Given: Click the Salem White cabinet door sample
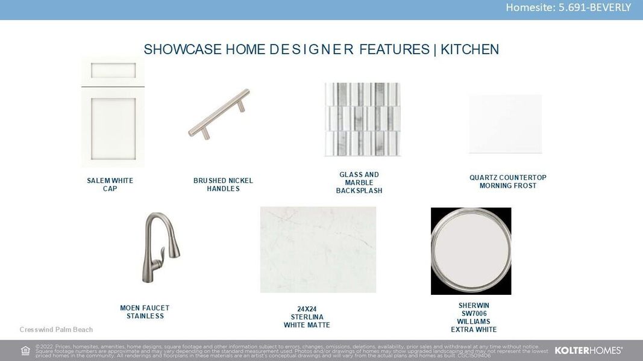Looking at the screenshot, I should click(x=113, y=113).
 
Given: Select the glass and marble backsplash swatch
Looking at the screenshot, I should click(x=362, y=119).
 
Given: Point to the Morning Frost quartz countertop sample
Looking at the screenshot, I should click(x=505, y=124).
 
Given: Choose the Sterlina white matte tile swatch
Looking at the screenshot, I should click(x=318, y=250).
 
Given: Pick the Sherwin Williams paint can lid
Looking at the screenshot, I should click(x=471, y=251).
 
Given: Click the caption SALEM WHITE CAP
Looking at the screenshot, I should click(x=110, y=185).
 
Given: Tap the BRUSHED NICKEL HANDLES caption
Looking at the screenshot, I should click(x=223, y=185).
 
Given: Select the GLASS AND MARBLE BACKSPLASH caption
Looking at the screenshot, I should click(x=359, y=183).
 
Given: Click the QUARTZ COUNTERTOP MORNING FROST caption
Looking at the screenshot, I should click(x=507, y=182).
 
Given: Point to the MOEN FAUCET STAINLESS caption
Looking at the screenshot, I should click(x=145, y=312).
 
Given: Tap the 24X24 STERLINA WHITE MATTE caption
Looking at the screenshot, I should click(x=307, y=317).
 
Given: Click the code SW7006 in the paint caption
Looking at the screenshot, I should click(x=474, y=313).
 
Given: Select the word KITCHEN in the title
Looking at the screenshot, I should click(x=469, y=49).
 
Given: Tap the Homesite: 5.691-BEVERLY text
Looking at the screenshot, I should click(x=568, y=8).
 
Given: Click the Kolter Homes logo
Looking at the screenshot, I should click(x=588, y=350).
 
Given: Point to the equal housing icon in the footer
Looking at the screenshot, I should click(x=25, y=351).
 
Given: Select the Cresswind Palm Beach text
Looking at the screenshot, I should click(x=56, y=330).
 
